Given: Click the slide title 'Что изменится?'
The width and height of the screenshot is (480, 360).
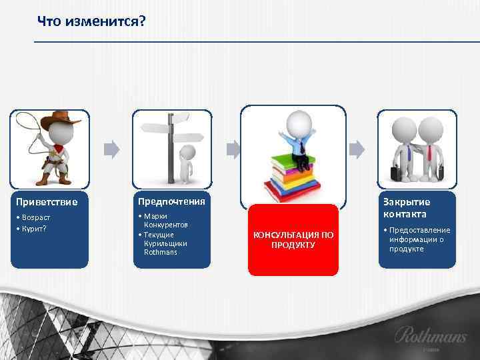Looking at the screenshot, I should click(91, 22).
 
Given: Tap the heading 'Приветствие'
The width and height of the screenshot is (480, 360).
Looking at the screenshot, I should click(47, 201).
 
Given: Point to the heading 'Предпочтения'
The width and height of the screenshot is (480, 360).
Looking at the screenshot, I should click(171, 200).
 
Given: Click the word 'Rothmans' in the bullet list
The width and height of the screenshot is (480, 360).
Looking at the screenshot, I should click(160, 253).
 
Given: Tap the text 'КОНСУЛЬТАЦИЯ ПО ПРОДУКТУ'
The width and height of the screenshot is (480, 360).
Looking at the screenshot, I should click(293, 240).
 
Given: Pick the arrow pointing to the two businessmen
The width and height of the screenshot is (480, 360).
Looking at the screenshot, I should click(357, 148).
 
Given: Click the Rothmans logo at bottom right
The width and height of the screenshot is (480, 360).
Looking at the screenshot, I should click(430, 335).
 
